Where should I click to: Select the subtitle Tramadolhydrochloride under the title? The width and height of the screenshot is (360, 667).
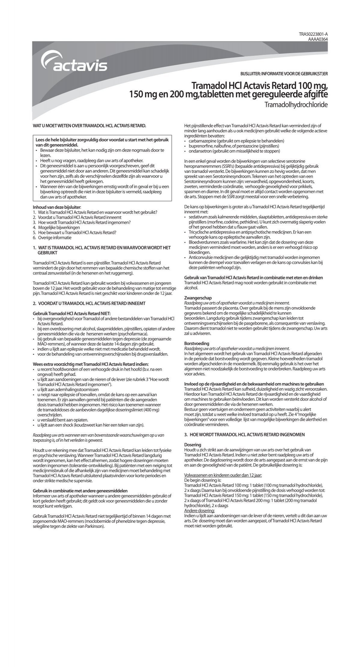(x=296, y=105)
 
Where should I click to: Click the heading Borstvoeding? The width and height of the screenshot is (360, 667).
(x=196, y=343)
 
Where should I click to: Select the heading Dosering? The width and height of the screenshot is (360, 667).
(x=192, y=444)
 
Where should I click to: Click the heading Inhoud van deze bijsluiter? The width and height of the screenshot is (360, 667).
(x=57, y=207)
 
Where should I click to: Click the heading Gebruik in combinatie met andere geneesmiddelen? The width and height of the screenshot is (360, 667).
(x=80, y=490)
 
